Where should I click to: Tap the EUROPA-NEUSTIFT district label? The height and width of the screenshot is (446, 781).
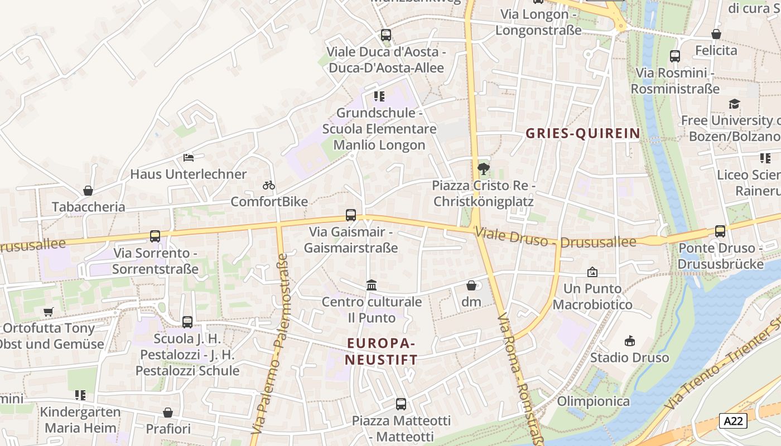coord(381,351)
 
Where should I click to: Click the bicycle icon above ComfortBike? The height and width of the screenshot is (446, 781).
coord(269,185)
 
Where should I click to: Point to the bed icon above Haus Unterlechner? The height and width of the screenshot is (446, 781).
coord(189,158)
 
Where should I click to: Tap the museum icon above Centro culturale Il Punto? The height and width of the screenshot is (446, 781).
coord(372,285)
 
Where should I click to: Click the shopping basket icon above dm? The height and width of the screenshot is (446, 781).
coord(471,285)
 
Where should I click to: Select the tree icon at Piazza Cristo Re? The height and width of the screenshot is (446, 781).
coord(483,168)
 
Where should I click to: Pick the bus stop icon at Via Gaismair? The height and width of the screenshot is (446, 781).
coord(351,215)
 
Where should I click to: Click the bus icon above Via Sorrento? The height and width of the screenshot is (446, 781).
coord(155,236)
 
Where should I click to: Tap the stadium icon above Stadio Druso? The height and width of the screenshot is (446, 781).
coord(630,341)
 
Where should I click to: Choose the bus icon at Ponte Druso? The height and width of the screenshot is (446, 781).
coord(720,231)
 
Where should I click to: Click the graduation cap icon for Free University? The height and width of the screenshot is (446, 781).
coord(734,104)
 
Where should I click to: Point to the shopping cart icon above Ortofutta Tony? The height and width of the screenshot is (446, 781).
coord(49,312)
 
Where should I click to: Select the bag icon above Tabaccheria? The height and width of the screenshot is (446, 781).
coord(88,191)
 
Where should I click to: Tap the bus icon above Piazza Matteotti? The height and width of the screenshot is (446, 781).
coord(401,404)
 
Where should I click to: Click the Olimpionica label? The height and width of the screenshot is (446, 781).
coord(594,401)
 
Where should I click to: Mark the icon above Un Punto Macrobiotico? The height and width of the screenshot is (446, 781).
coord(592,272)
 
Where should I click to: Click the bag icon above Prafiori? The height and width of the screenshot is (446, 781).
coord(168,413)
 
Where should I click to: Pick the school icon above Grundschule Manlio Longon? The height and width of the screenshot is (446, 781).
coord(379,96)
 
